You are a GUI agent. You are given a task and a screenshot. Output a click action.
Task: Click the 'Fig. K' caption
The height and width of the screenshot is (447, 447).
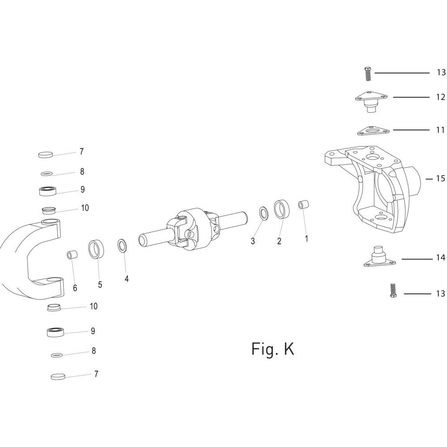pyautogui.click(x=273, y=349)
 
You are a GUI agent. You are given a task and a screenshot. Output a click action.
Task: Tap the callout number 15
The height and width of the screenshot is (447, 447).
pyautogui.click(x=440, y=179)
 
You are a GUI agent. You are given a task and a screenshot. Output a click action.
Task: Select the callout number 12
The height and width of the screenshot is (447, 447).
pyautogui.click(x=440, y=97)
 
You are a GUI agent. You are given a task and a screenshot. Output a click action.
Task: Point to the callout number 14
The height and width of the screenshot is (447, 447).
pyautogui.click(x=440, y=258)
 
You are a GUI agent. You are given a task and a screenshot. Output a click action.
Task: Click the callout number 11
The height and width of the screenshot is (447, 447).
pyautogui.click(x=440, y=130)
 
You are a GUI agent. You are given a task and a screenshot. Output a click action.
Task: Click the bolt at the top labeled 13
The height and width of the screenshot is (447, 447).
pyautogui.click(x=368, y=74)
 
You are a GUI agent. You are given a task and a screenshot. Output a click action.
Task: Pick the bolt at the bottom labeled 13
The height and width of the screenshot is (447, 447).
pyautogui.click(x=393, y=290)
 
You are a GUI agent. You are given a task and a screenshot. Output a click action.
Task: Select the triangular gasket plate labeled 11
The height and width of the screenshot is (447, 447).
pyautogui.click(x=373, y=131)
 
